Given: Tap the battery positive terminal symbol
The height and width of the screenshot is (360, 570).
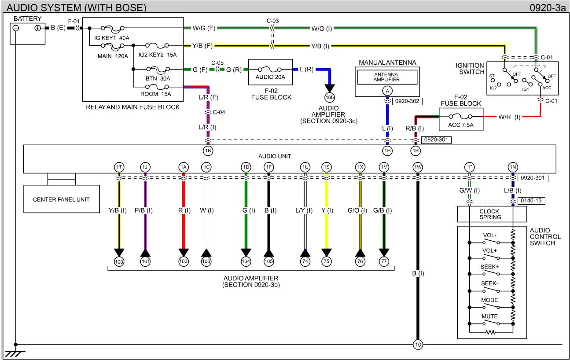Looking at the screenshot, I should coord(38,28).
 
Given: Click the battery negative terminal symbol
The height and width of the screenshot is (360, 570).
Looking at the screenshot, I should coord(16,28).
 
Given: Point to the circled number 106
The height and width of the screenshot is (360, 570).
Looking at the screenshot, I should coord(329,97).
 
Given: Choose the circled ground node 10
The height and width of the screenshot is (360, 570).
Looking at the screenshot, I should coord(417,344).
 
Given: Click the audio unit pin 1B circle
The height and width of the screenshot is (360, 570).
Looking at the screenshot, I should coord(208,151).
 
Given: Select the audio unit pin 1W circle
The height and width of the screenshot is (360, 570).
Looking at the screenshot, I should coord(418,167).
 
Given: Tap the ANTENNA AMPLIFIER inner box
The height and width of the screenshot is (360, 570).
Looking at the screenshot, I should coord(387,77).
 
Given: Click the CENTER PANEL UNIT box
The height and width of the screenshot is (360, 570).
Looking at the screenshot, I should coord(61,199).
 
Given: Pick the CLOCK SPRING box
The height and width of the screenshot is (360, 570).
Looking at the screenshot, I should coord(492,214).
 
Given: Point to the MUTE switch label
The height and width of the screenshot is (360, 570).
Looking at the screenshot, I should coord(489,316).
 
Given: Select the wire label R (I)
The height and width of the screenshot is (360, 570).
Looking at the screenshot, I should coord(184,210).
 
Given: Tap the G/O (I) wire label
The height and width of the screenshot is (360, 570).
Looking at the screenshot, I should coord(360,210).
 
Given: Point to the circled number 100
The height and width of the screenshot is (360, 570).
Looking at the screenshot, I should coord(119,261).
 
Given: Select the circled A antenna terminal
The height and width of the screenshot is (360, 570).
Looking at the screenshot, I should coord(387,91).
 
